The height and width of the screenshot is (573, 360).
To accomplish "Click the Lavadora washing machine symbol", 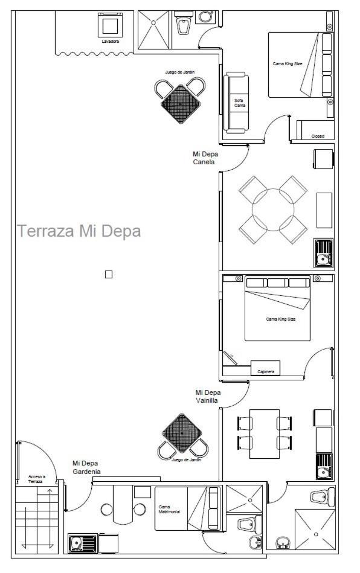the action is tap(110, 25).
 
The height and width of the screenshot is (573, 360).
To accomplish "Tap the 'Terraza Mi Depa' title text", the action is tap(79, 231).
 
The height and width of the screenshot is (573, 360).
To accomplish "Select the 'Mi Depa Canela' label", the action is tap(205, 158).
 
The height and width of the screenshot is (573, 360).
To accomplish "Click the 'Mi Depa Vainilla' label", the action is tap(208, 396).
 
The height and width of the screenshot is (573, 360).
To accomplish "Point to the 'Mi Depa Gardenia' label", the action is tap(86, 467).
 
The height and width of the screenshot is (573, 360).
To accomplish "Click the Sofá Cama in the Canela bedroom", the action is tap(236, 103).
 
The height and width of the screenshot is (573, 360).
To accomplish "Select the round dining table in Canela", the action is tap(273, 210).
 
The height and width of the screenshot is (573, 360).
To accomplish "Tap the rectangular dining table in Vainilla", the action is tap(265, 434).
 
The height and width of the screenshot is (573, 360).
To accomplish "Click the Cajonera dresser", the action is tap(265, 368).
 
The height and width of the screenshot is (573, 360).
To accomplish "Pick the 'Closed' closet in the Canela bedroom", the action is tap(315, 130).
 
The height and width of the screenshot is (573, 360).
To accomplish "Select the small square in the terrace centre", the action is tap(109, 274).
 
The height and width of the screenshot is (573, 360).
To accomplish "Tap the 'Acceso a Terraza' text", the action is tap(37, 479).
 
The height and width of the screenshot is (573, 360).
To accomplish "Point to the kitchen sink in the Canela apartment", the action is tap(323, 253).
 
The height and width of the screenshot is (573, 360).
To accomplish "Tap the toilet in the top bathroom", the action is tap(182, 24).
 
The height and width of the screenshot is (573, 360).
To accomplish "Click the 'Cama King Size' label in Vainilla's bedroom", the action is tap(281, 319).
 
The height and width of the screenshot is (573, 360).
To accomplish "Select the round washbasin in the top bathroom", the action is tap(206, 17).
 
